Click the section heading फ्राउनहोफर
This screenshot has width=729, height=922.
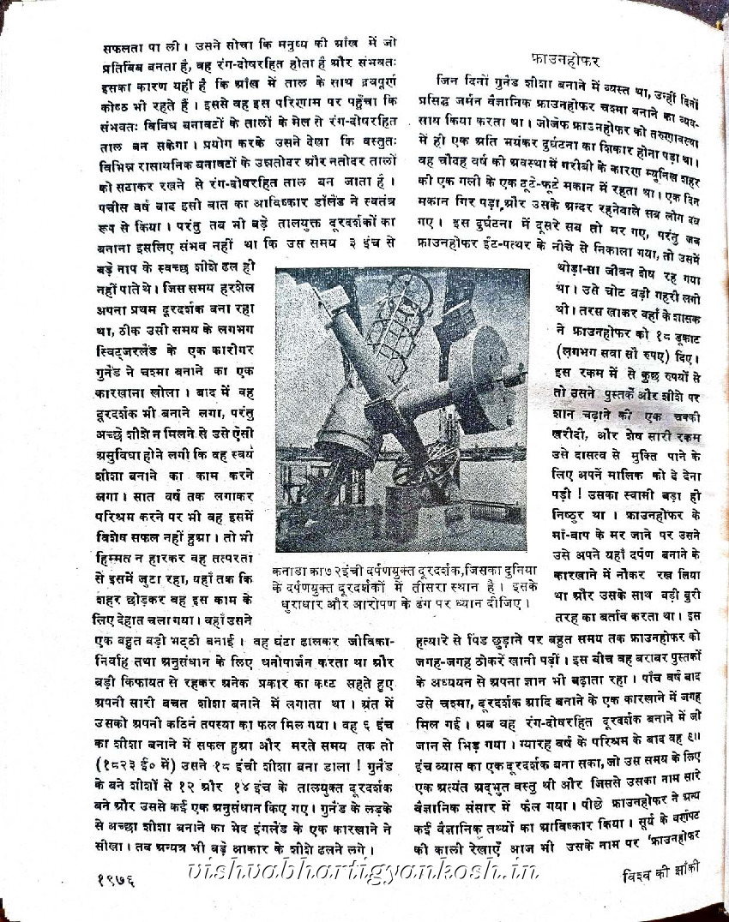pos(565,61)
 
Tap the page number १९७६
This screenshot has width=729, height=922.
pos(118,879)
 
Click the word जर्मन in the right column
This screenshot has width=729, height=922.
pos(500,100)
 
